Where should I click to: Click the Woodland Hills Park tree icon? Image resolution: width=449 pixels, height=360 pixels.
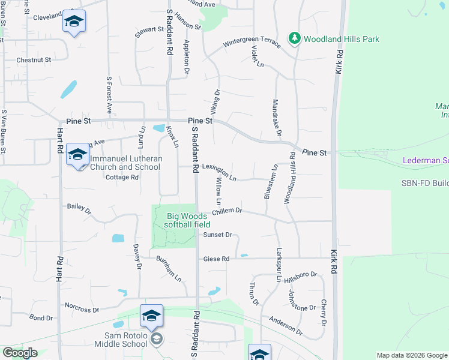[x=294, y=38]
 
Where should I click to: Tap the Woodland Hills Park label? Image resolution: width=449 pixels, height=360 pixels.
[x=342, y=39]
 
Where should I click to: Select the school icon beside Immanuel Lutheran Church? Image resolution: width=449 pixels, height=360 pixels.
[x=77, y=155]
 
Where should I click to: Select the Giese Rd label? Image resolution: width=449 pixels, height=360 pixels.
[x=216, y=259]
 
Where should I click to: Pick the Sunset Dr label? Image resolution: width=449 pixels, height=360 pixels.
[x=217, y=235]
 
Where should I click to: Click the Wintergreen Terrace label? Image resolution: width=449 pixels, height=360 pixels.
[x=252, y=44]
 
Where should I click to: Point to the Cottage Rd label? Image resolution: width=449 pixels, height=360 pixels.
[x=122, y=178]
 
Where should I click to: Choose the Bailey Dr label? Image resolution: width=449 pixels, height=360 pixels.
[x=79, y=208]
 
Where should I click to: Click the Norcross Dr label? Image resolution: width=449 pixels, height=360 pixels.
[x=82, y=307]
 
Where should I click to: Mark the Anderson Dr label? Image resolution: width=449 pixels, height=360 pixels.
[x=286, y=325]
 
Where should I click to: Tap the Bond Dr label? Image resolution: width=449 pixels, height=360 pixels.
[x=41, y=317]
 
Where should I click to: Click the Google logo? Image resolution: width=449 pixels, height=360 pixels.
[x=20, y=353]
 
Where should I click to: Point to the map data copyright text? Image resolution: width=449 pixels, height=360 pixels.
[x=412, y=355]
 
